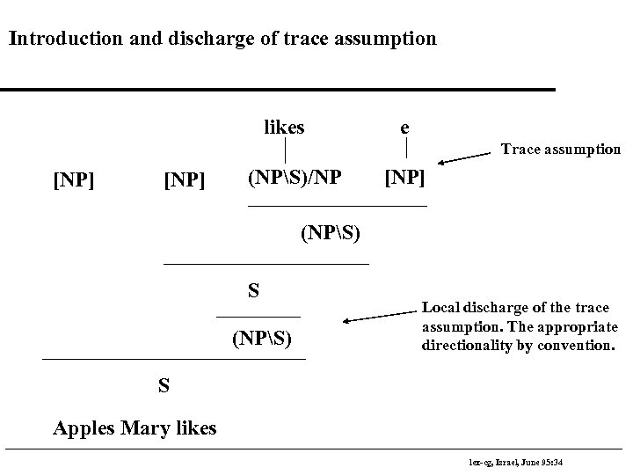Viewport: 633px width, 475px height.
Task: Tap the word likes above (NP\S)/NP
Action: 284,128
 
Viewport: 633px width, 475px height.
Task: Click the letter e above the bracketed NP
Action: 404,127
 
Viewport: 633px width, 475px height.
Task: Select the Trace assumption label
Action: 560,150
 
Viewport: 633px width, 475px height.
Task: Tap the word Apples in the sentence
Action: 80,428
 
